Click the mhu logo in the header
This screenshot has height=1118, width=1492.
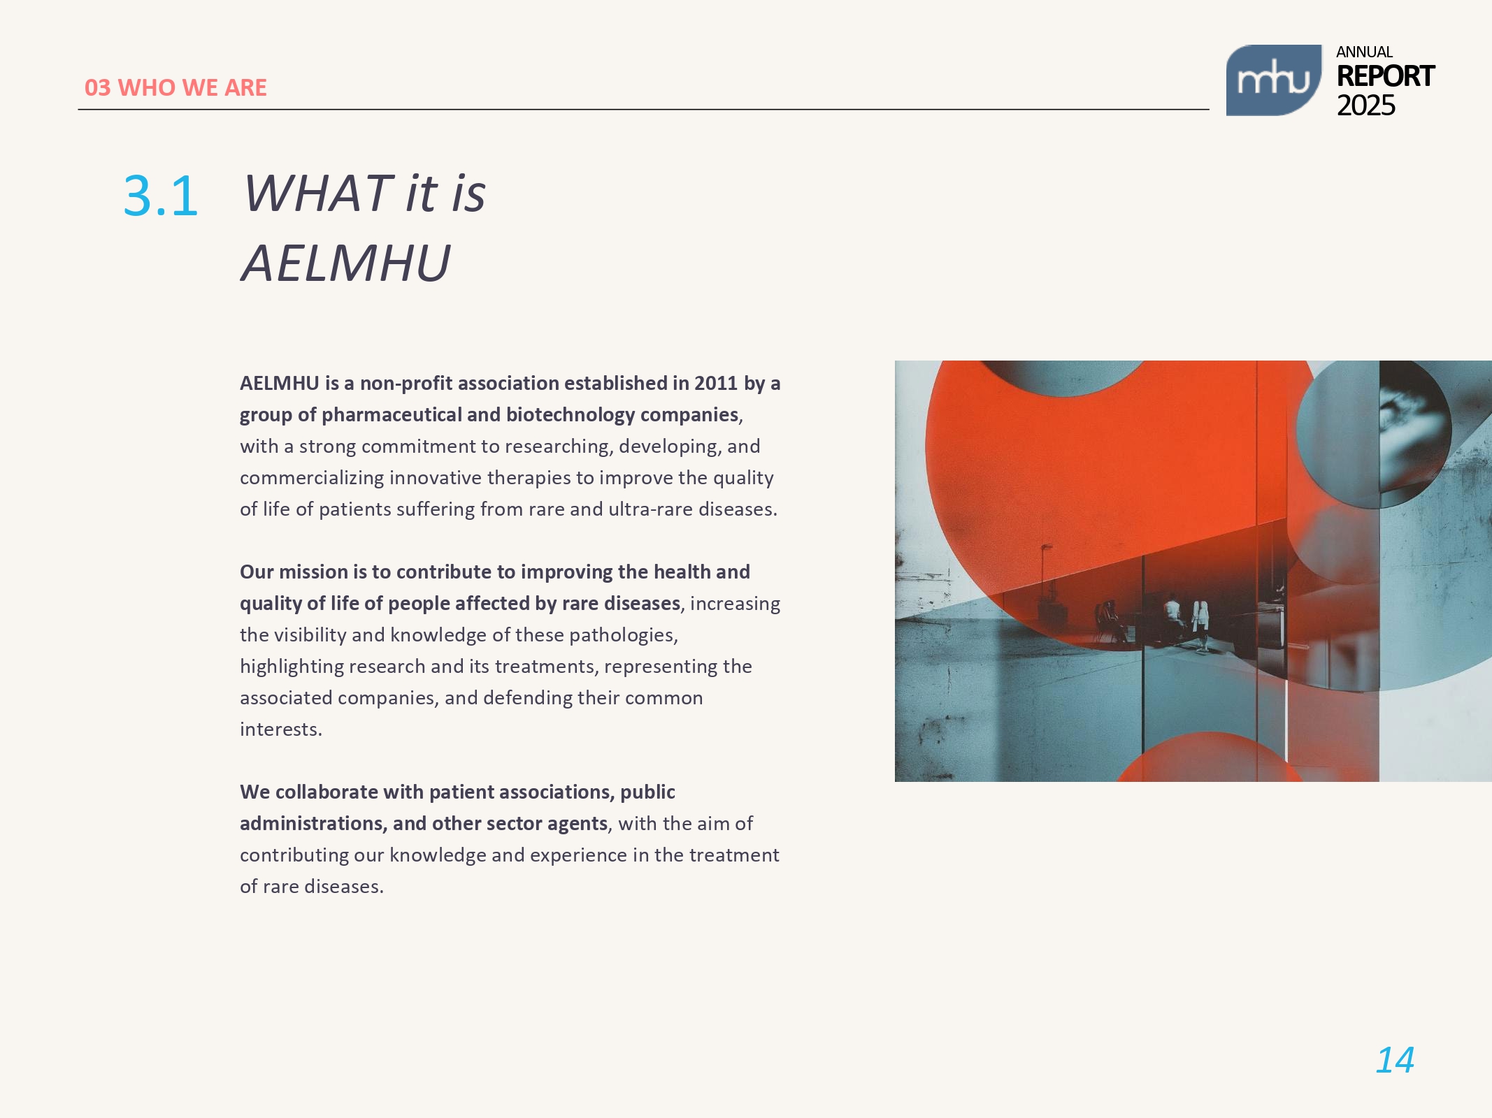pos(1273,80)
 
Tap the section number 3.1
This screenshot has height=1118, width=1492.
pos(161,196)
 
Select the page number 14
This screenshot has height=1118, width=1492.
pos(1395,1061)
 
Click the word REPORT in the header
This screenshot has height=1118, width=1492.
pos(1385,76)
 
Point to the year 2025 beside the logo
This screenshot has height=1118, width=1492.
pos(1365,106)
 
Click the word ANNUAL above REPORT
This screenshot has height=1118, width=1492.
pos(1364,52)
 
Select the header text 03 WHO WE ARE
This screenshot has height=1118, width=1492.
pos(175,87)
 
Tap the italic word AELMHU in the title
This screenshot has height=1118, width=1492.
pos(346,263)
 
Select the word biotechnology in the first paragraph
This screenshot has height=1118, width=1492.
pos(571,415)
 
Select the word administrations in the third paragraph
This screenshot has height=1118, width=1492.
pos(313,824)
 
